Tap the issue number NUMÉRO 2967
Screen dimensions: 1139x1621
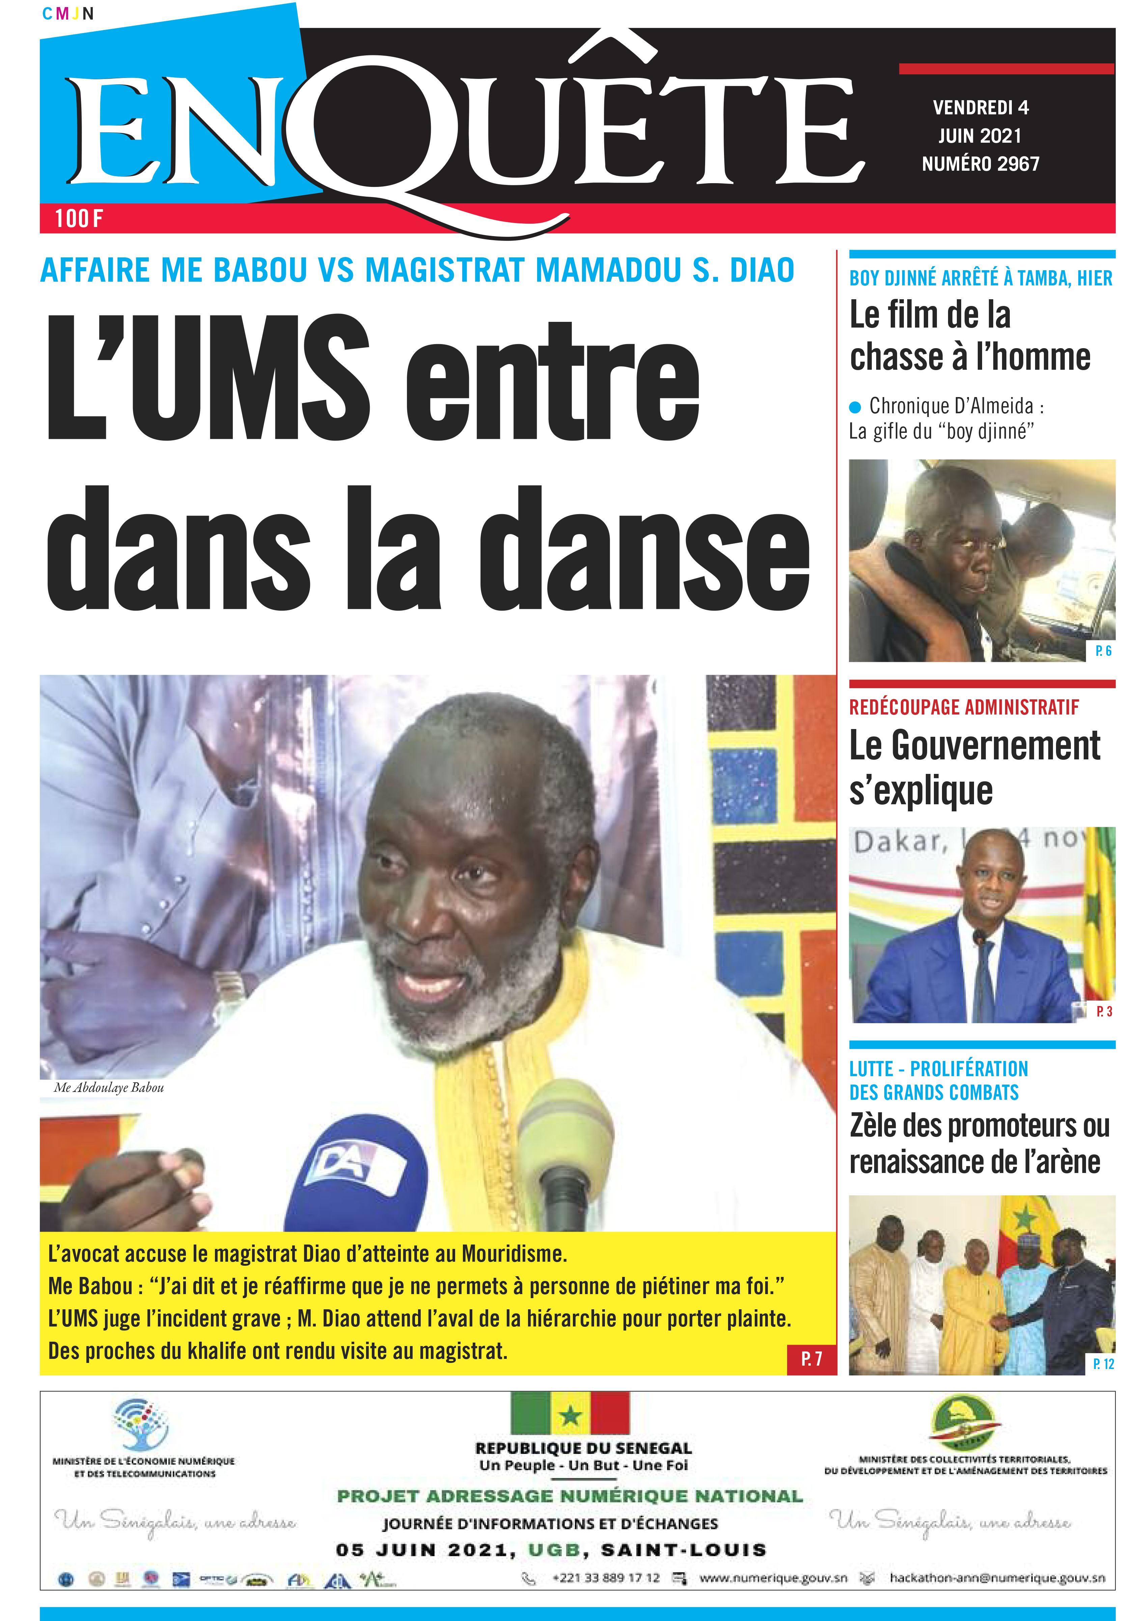point(980,164)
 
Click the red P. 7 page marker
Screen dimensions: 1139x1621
point(811,1359)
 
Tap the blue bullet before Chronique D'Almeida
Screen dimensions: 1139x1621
point(855,407)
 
